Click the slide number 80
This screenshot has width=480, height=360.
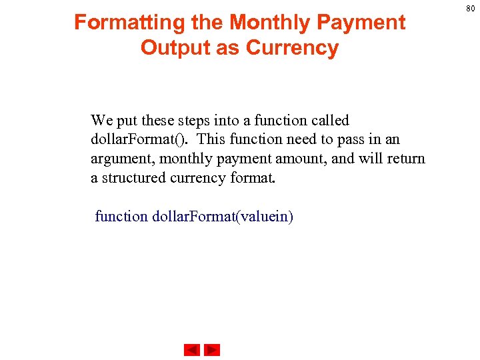point(469,8)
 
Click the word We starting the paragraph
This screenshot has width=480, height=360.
point(102,121)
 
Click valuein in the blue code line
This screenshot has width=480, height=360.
point(265,217)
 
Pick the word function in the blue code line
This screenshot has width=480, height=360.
point(121,217)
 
